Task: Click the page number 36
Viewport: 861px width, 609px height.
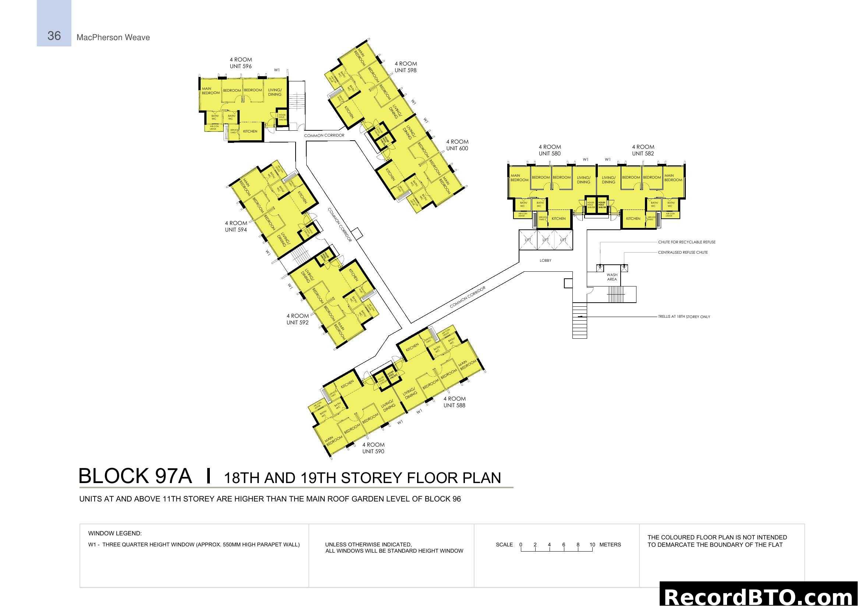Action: click(x=54, y=36)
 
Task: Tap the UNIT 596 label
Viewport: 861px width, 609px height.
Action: click(x=240, y=66)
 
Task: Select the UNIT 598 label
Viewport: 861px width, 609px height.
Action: click(x=405, y=70)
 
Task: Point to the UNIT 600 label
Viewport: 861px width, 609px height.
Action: click(x=457, y=148)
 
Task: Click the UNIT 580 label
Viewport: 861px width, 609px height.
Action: click(x=549, y=154)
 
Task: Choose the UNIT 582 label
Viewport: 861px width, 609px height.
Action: click(x=643, y=154)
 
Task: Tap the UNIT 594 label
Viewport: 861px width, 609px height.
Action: click(x=236, y=230)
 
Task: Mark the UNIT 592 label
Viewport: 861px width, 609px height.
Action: click(x=297, y=323)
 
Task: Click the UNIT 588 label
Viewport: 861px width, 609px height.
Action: click(x=454, y=405)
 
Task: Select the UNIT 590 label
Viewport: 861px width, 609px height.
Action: click(x=373, y=451)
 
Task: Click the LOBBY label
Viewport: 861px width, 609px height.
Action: click(x=545, y=261)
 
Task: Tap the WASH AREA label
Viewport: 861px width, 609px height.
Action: click(x=612, y=277)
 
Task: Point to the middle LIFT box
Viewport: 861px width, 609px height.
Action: click(x=545, y=240)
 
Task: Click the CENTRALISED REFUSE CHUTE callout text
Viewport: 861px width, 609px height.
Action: click(x=682, y=253)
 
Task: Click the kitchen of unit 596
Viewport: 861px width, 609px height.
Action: click(x=250, y=131)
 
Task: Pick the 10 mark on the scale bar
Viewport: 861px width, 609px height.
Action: click(x=592, y=545)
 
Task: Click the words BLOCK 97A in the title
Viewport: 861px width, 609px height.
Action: click(x=135, y=476)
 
